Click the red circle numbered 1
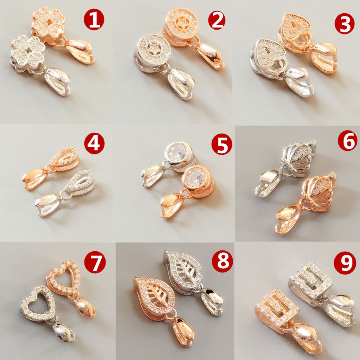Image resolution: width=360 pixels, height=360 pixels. (94, 20)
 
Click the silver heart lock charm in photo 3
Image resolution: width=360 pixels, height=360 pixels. (268, 54)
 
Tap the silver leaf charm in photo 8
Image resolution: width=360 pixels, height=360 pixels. (182, 268)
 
